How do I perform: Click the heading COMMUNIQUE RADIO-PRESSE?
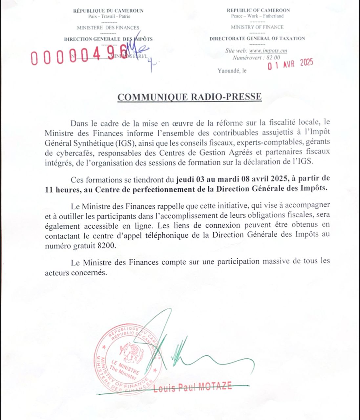[189, 97]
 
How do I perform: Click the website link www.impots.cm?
[268, 51]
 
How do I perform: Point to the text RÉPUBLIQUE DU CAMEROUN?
[108, 11]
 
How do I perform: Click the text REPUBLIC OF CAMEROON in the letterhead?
[258, 10]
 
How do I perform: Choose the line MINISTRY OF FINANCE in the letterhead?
[257, 27]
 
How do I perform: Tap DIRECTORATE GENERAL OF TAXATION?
[257, 38]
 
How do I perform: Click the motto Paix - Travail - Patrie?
[109, 16]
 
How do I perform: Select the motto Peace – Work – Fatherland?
[257, 16]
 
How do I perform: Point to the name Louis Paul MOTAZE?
[192, 387]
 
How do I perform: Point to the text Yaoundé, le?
[232, 71]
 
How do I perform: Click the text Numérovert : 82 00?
[256, 58]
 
